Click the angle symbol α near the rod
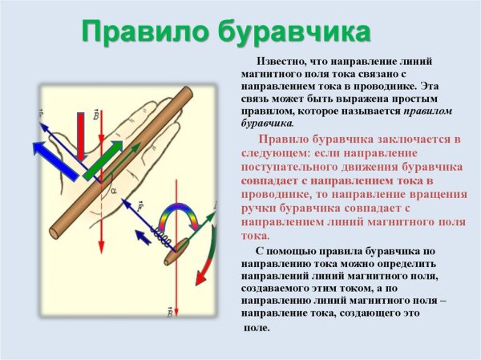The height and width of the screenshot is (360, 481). [x=113, y=191]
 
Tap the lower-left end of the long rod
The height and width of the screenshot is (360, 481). [x=55, y=233]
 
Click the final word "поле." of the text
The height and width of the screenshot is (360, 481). [x=257, y=329]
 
